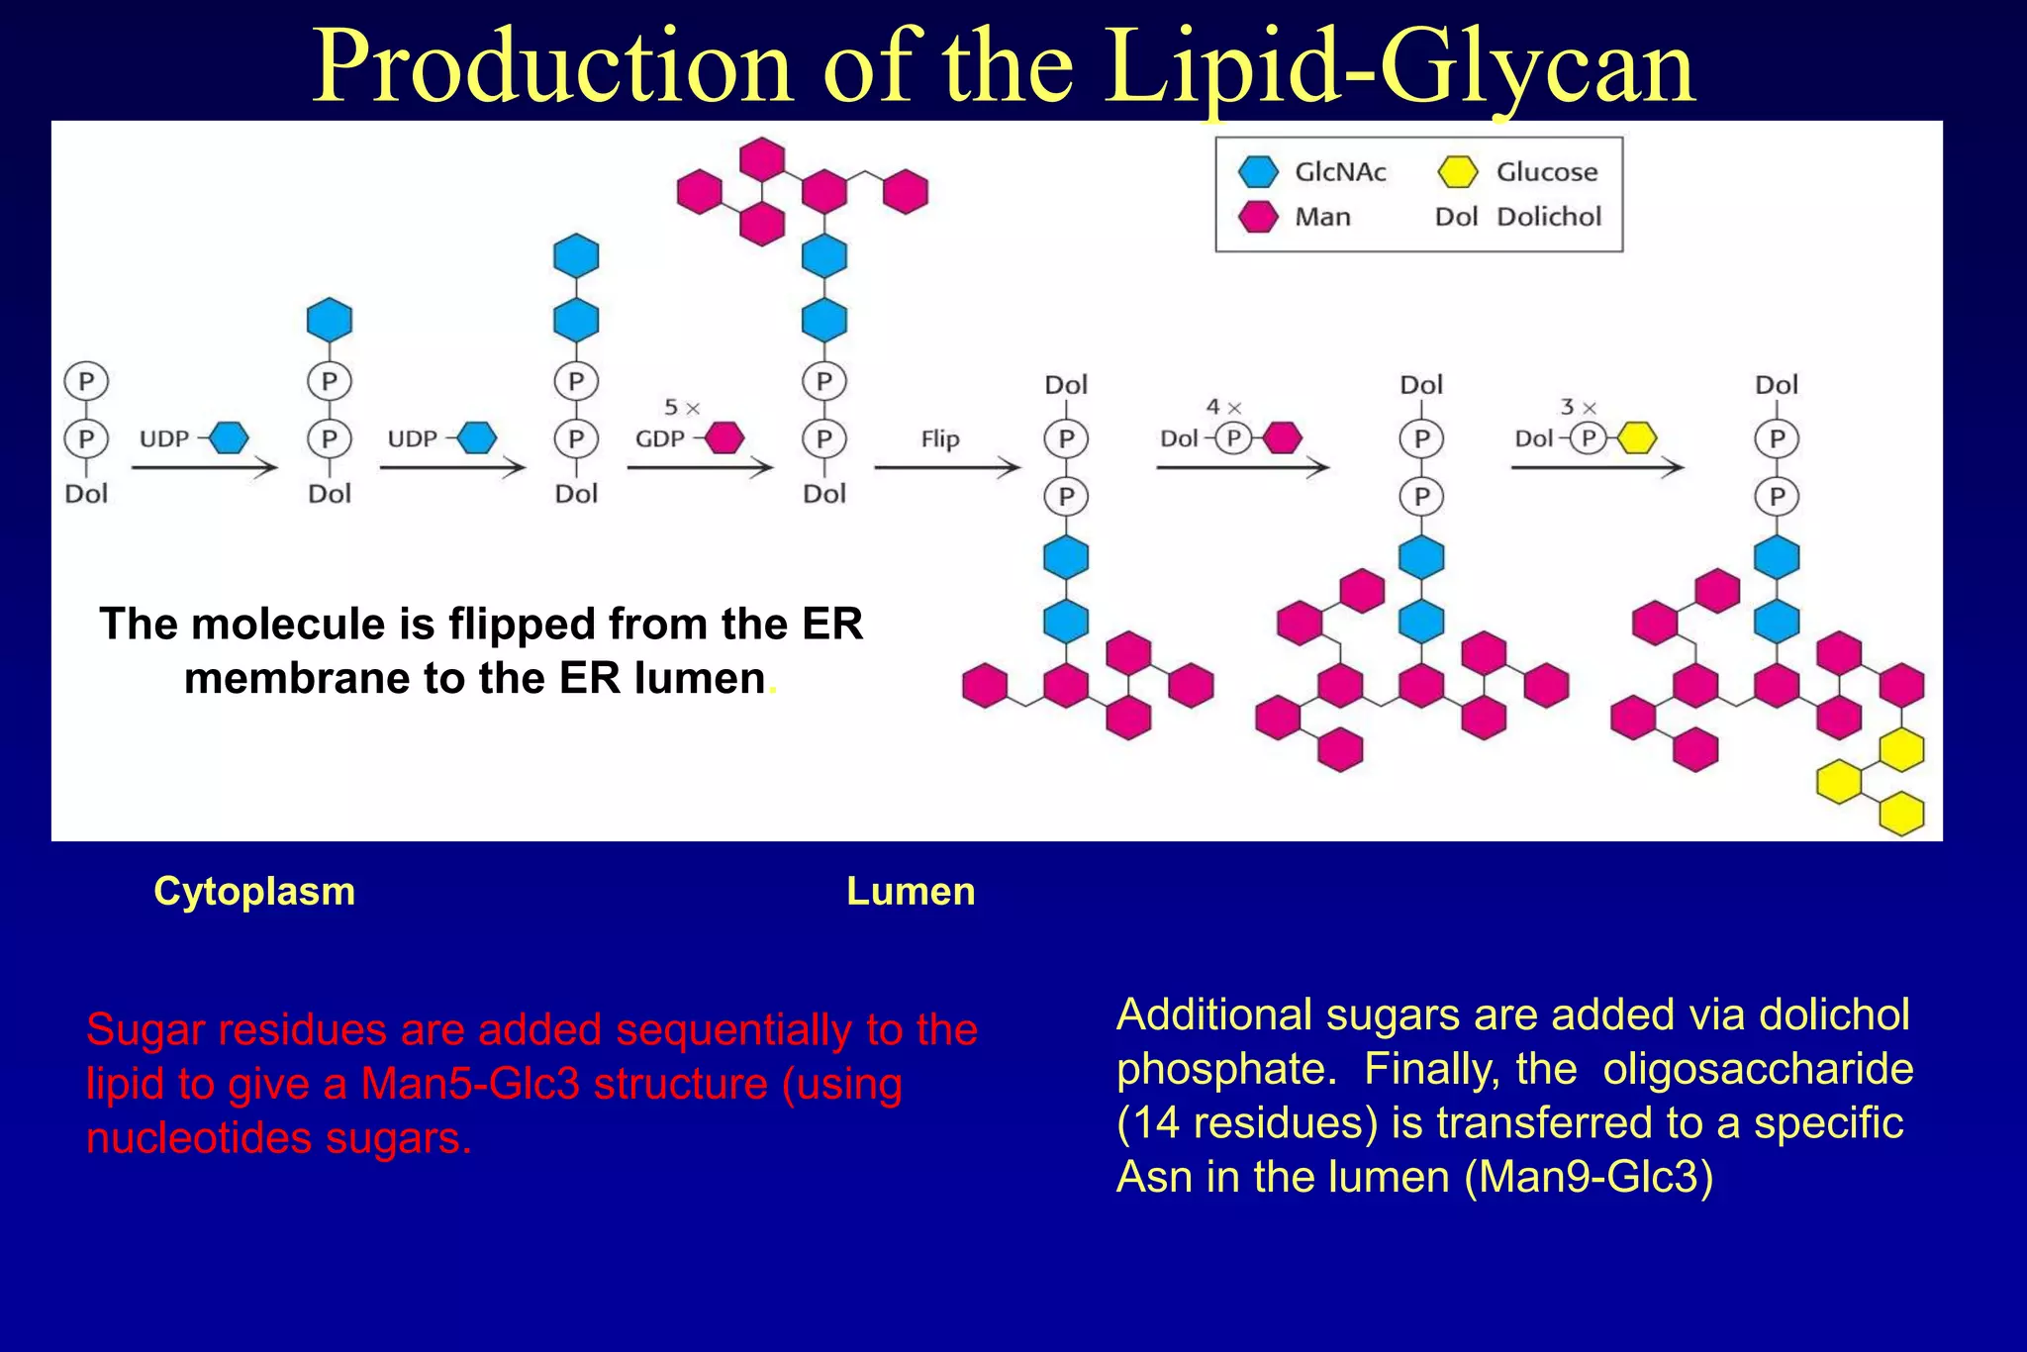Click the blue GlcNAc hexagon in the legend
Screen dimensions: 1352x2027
point(1258,172)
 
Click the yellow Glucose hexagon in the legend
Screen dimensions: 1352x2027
point(1458,172)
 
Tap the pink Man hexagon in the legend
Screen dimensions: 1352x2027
point(1258,217)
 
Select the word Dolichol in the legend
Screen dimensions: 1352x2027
point(1549,217)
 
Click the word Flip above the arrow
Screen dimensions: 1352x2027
point(939,438)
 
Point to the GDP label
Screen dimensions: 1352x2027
point(659,438)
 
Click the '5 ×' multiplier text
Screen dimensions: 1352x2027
point(681,408)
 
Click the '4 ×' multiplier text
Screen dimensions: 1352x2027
point(1223,407)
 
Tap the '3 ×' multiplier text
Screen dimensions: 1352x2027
point(1578,407)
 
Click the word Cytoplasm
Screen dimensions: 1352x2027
point(254,892)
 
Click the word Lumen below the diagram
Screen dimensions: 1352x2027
point(911,892)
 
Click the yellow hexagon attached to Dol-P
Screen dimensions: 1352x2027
point(1637,437)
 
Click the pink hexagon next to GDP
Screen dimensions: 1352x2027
point(724,437)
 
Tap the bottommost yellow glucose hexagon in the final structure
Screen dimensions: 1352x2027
point(1901,815)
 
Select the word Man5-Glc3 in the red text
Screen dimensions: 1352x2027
point(469,1084)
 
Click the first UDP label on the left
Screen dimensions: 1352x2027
point(164,438)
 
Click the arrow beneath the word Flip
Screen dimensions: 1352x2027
point(946,468)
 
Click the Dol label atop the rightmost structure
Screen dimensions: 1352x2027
point(1776,385)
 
